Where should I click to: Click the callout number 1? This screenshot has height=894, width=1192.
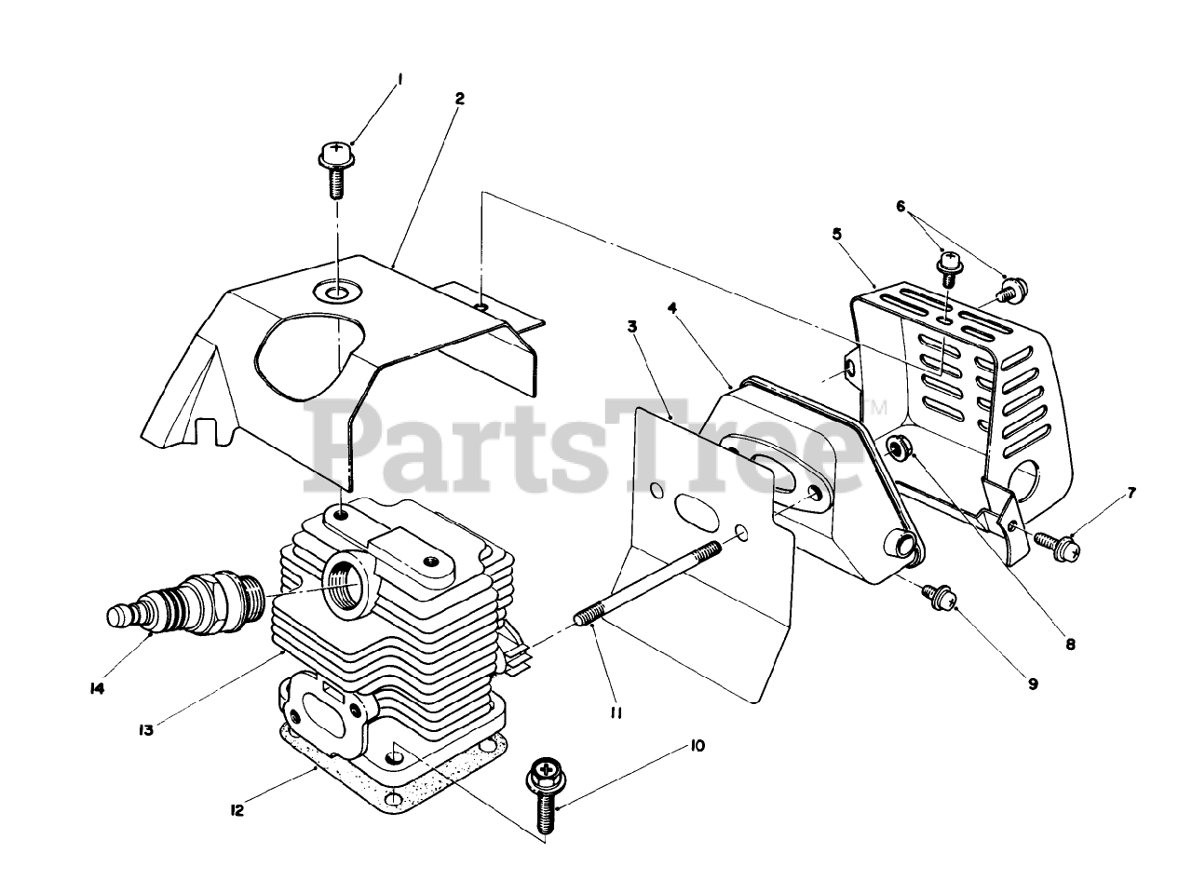400,81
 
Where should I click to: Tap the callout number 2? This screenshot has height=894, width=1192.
460,98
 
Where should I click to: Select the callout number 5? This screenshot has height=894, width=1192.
837,234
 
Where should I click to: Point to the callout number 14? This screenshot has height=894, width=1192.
97,689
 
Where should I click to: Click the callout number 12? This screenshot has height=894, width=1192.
237,811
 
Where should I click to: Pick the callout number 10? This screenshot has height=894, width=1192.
698,745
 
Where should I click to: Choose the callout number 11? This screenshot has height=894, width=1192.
616,712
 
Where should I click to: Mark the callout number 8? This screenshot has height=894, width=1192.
1070,643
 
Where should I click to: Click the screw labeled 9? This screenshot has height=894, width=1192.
936,596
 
